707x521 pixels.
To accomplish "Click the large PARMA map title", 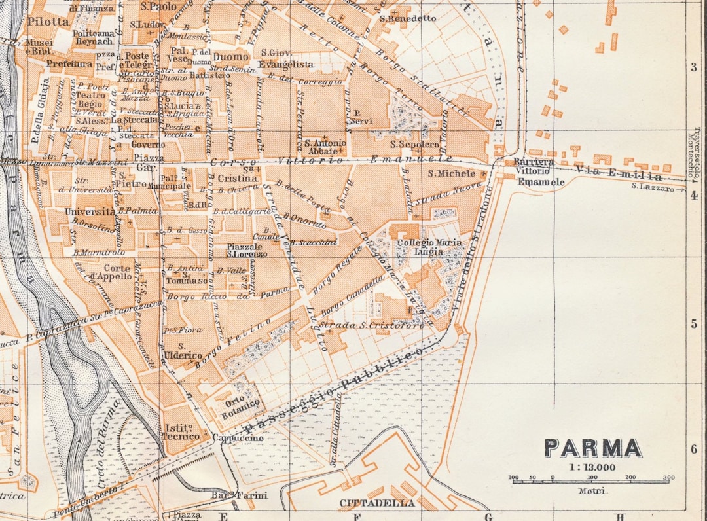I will click(x=592, y=448).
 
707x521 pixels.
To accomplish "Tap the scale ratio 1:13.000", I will click(x=592, y=467).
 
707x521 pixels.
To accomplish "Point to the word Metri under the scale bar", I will click(x=592, y=490).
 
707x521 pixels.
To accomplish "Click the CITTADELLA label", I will click(x=377, y=503).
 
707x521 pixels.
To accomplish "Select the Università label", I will click(x=90, y=212).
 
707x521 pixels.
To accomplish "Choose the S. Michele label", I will click(x=452, y=173).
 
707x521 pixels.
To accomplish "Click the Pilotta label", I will click(x=48, y=21).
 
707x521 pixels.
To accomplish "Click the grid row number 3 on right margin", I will click(x=694, y=67).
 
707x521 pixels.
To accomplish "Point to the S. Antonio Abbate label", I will click(x=325, y=147).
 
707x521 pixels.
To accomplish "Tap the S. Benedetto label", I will click(x=408, y=18).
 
